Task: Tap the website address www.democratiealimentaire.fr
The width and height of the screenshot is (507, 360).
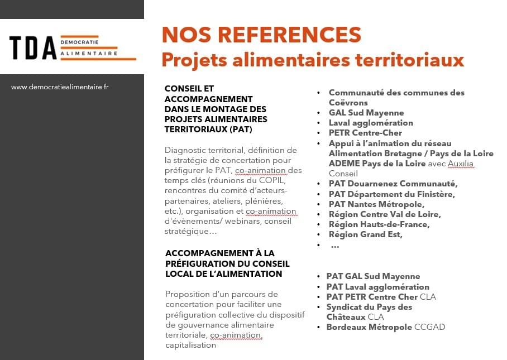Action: (60, 87)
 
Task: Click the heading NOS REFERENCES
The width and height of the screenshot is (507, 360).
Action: (261, 35)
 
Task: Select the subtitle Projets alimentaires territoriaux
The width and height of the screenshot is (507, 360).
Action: (313, 59)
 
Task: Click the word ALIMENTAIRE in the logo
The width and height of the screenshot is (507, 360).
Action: (89, 54)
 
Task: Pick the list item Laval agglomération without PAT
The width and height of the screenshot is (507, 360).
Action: (371, 123)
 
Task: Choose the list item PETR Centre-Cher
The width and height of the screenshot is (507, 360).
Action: (364, 133)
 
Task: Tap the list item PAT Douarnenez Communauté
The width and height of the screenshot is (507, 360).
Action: (393, 184)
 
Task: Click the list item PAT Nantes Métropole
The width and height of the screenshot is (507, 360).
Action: (376, 204)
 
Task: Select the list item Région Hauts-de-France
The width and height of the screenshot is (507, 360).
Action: (379, 224)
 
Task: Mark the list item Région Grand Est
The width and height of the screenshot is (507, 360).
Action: (366, 234)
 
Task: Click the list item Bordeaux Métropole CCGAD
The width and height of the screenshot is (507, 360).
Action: (386, 327)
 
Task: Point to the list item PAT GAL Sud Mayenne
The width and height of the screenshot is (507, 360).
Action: (373, 276)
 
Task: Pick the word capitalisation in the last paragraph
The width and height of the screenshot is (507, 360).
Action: (190, 345)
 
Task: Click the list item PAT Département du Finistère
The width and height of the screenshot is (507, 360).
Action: (391, 194)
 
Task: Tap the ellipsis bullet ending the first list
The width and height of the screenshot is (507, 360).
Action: (334, 245)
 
